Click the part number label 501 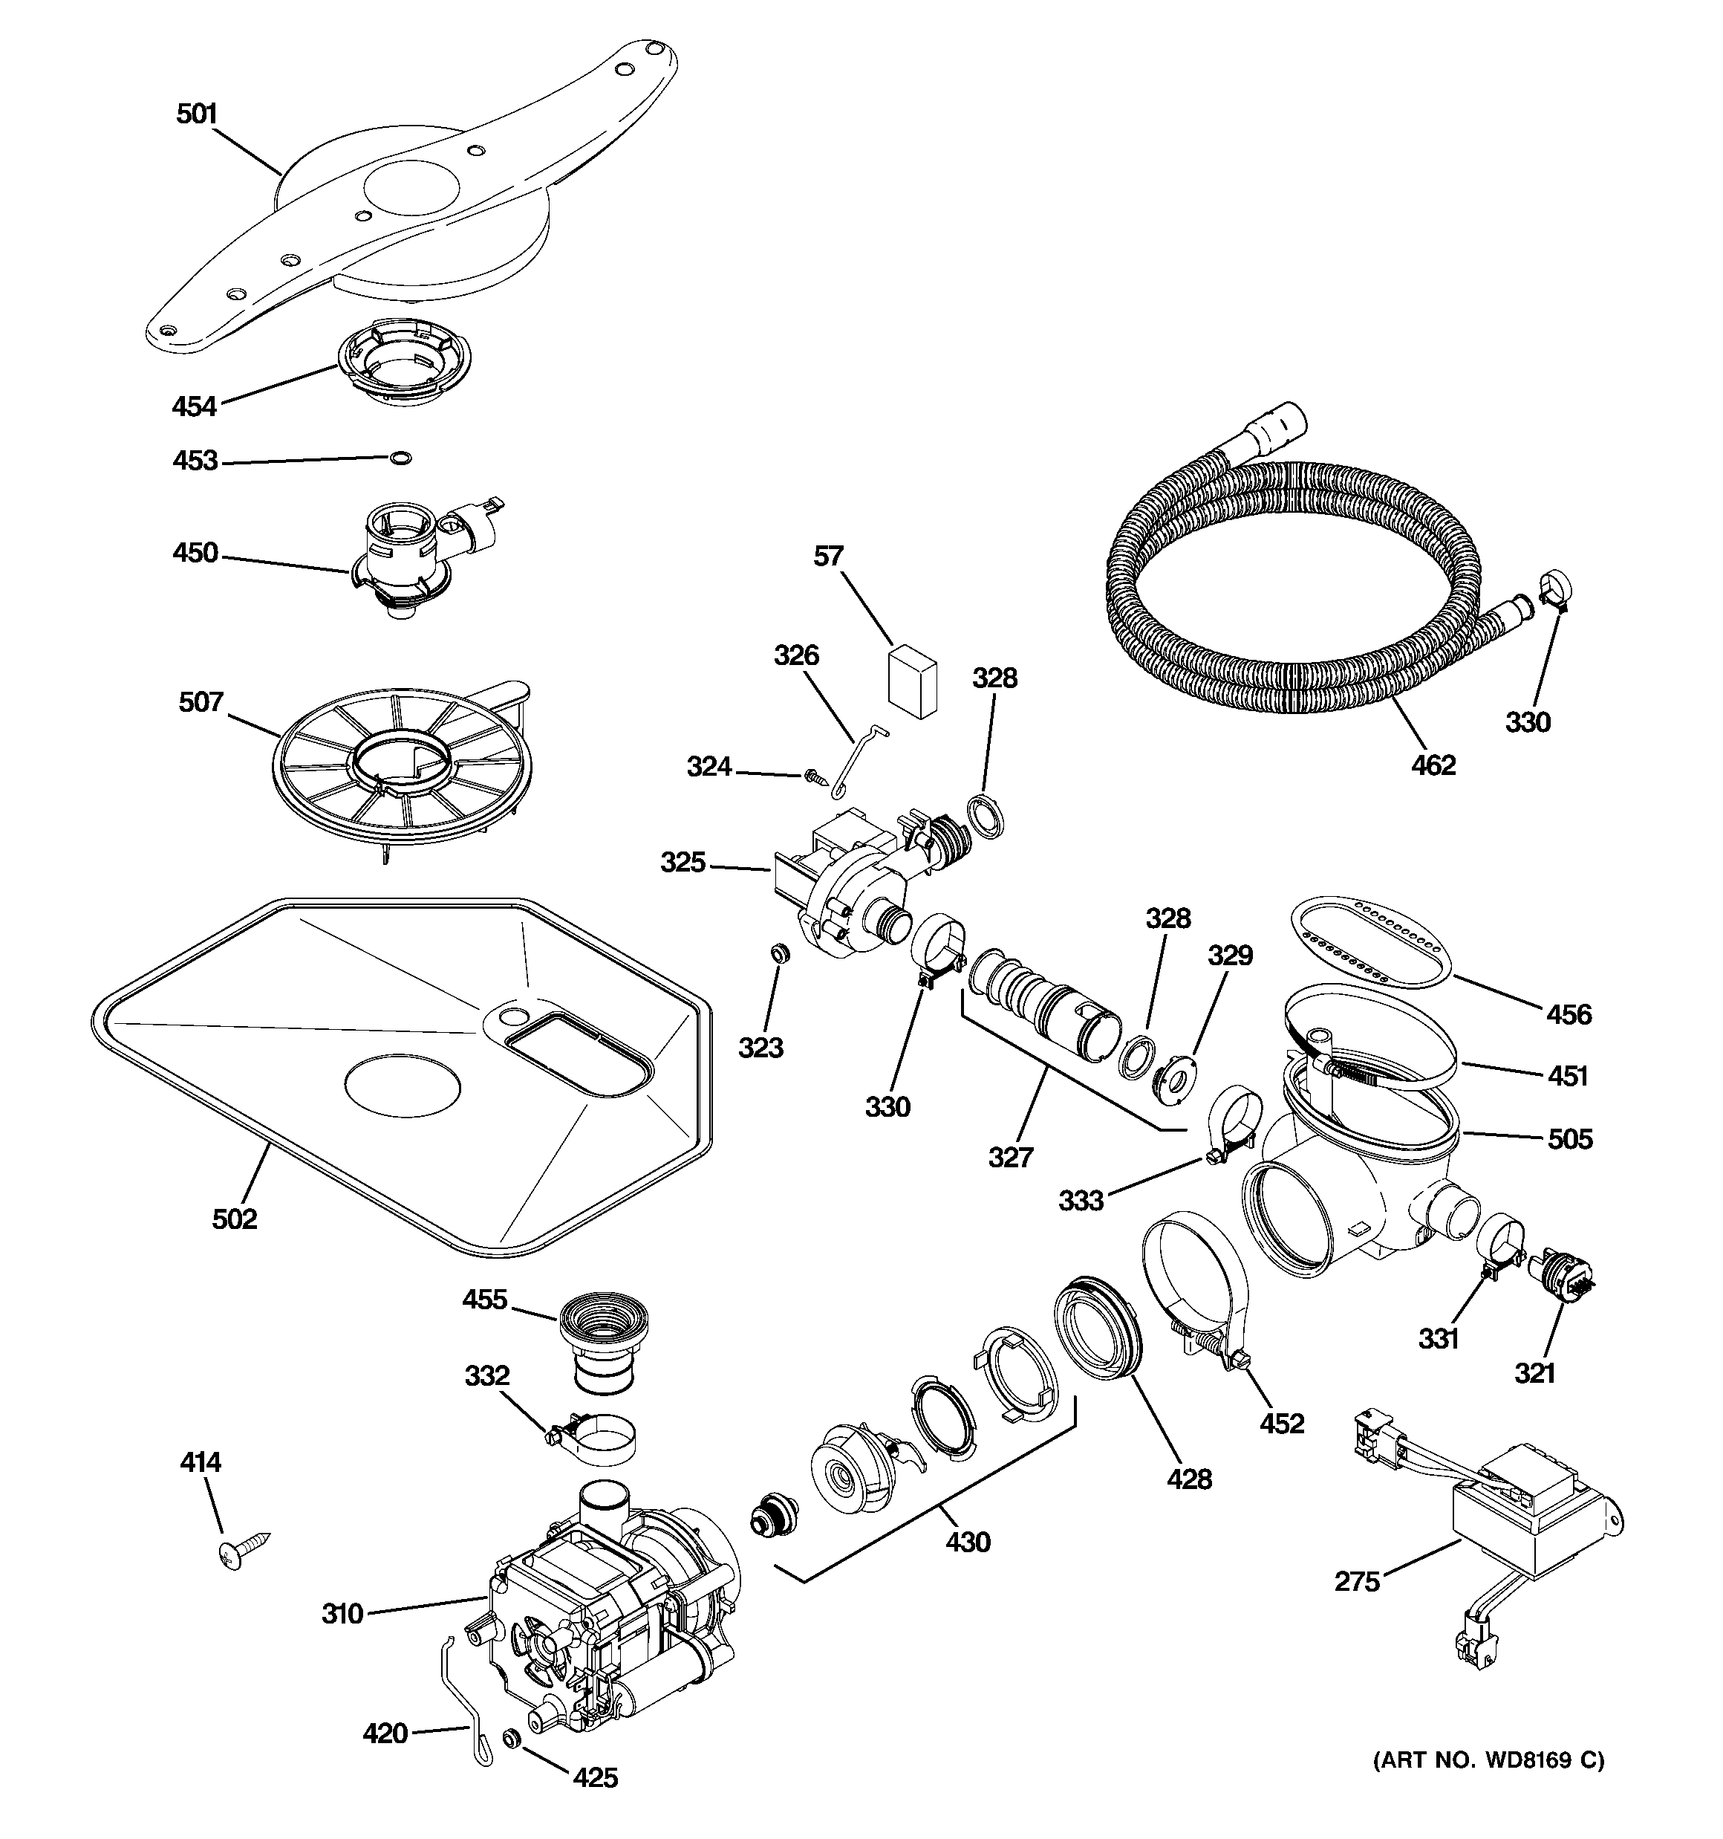pos(196,114)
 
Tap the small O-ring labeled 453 pos(400,457)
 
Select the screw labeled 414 pos(244,1547)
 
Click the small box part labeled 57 pos(912,683)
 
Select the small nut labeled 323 pos(781,952)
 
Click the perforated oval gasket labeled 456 pos(1368,941)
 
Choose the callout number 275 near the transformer pos(1357,1583)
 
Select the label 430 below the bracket pos(968,1542)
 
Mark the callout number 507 pos(201,702)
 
